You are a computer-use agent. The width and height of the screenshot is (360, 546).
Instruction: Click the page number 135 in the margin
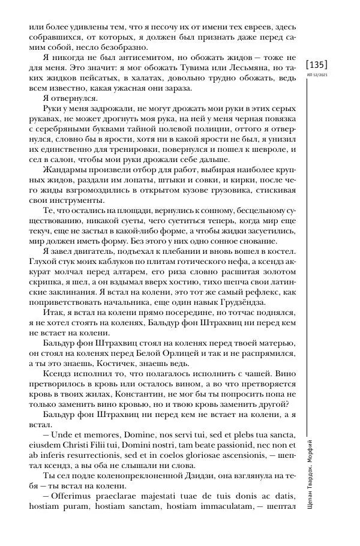(316, 65)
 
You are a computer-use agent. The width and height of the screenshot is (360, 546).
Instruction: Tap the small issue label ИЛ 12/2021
(316, 74)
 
